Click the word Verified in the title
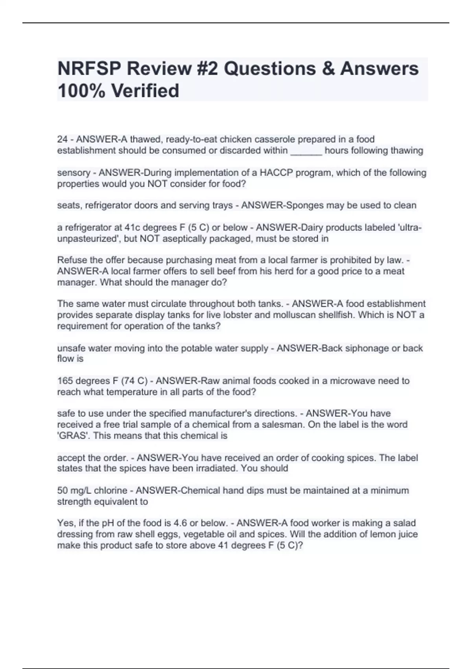145,91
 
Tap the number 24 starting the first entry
63,139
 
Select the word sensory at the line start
74,173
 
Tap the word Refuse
71,260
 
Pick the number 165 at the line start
65,381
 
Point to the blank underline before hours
306,151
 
